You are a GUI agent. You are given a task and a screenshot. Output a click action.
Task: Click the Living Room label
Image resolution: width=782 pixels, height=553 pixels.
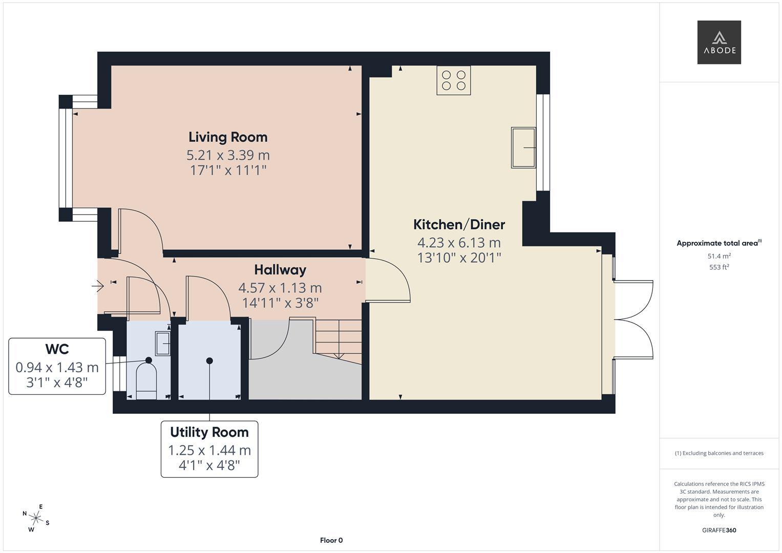click(x=228, y=137)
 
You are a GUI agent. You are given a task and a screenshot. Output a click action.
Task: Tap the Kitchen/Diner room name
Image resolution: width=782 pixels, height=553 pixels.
click(x=459, y=225)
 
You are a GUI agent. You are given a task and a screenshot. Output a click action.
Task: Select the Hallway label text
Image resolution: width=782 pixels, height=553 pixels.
click(x=280, y=270)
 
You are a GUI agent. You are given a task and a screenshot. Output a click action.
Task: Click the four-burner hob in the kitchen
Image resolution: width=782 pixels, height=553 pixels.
click(x=453, y=80)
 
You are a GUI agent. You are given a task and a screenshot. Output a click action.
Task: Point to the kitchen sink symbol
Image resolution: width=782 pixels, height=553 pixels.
click(x=523, y=148)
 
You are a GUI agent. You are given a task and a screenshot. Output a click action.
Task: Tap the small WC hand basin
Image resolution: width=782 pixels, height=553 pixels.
click(x=162, y=343)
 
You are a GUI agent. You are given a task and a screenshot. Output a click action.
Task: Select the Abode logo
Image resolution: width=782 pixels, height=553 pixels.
click(x=719, y=42)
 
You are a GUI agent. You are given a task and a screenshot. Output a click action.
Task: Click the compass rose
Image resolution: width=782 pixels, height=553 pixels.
click(x=36, y=518)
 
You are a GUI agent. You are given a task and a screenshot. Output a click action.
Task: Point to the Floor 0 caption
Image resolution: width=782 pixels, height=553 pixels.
click(x=331, y=540)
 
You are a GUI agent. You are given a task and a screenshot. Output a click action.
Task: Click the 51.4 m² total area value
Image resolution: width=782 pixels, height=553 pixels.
click(x=719, y=256)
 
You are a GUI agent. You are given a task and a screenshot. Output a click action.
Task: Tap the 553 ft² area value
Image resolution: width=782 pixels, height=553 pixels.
click(x=719, y=267)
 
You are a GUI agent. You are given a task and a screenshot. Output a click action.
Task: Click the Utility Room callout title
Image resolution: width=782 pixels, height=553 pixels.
click(x=209, y=433)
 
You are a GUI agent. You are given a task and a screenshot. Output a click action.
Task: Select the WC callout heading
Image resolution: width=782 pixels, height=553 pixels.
click(x=57, y=349)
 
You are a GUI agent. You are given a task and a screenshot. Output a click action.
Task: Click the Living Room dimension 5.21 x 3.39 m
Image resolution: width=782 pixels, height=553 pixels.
click(x=228, y=155)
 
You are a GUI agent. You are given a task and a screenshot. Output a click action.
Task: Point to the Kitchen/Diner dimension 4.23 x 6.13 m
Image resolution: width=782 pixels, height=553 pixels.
click(x=459, y=243)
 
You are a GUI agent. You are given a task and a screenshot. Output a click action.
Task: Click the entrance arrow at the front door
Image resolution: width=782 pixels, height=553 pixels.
click(x=98, y=286)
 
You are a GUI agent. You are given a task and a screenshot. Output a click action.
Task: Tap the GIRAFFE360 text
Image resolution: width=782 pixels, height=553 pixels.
click(x=719, y=530)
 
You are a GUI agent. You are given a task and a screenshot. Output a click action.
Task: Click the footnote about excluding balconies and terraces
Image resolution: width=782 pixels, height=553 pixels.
click(x=719, y=453)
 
